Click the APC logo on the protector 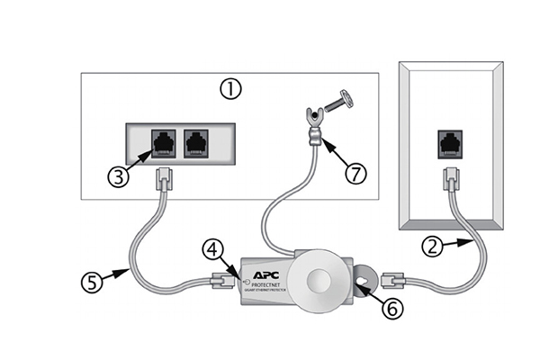[267, 266]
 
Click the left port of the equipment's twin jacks [162, 142]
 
